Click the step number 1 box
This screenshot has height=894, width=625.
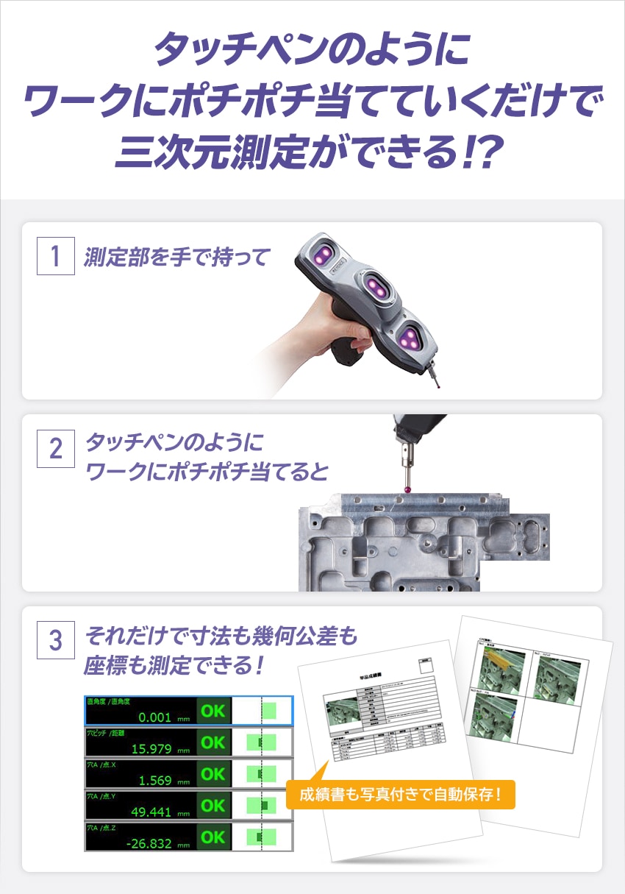click(x=56, y=256)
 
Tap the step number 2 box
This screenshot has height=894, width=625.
click(x=56, y=448)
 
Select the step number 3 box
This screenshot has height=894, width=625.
click(x=56, y=639)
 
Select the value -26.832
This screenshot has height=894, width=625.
click(x=149, y=843)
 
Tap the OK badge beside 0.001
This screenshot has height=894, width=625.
click(x=213, y=711)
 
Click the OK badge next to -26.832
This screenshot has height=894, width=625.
click(x=213, y=837)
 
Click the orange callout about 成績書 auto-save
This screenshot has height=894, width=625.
click(x=400, y=795)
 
